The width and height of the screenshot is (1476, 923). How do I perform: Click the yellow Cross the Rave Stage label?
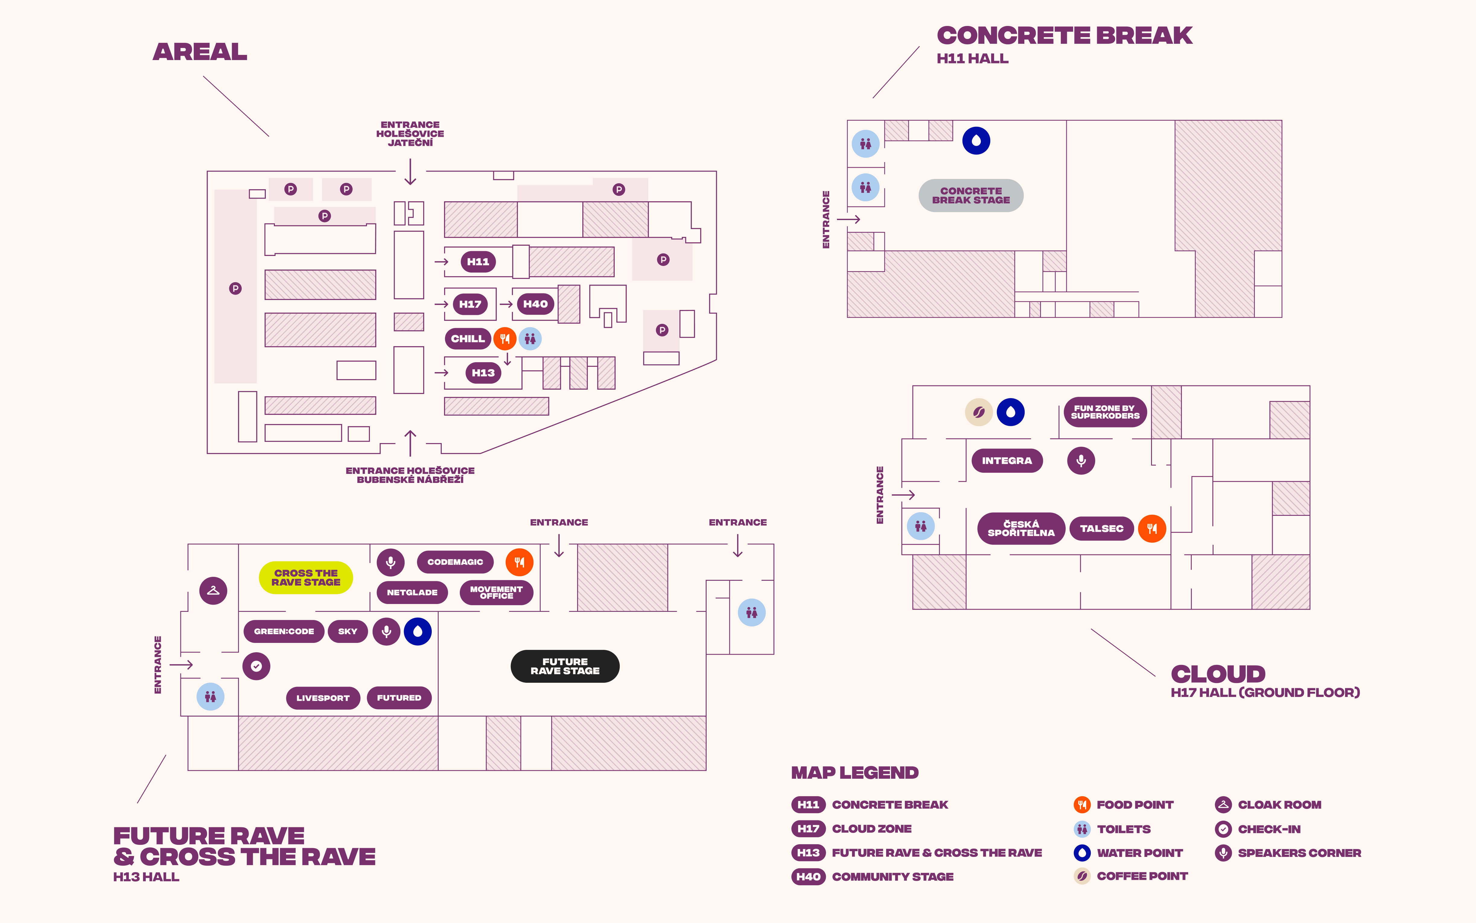click(x=306, y=577)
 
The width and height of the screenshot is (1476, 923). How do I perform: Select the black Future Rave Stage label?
click(x=565, y=666)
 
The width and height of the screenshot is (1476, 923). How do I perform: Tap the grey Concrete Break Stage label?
click(x=971, y=195)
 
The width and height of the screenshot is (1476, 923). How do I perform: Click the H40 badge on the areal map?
click(x=535, y=304)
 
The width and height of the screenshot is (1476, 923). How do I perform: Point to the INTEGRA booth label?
click(x=1007, y=461)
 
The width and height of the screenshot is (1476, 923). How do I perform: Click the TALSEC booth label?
click(x=1101, y=529)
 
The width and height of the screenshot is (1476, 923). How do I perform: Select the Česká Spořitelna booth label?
click(x=1021, y=529)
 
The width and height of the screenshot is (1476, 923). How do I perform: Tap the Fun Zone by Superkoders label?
click(x=1105, y=412)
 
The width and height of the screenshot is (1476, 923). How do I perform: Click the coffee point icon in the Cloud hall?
click(x=979, y=412)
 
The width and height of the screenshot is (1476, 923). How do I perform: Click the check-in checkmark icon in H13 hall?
click(x=256, y=666)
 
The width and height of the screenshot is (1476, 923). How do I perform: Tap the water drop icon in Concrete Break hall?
click(x=976, y=141)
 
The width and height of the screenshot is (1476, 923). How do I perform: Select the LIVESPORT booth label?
click(x=323, y=698)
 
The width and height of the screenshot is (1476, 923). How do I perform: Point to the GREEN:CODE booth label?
click(x=284, y=631)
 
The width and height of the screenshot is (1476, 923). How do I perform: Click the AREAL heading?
click(x=200, y=52)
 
